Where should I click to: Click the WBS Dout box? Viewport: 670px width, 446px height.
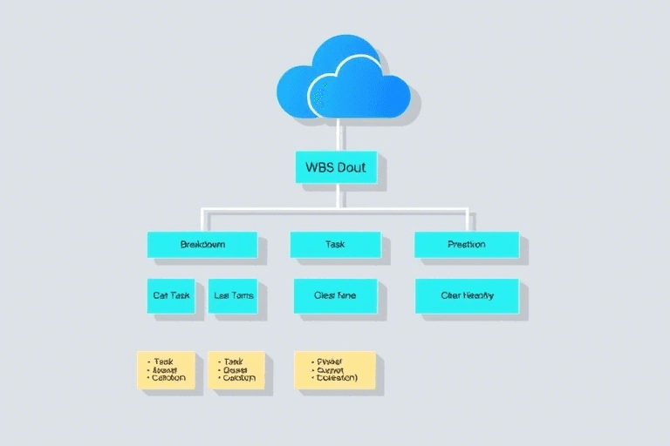336,166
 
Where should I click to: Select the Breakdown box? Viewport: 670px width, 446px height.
202,245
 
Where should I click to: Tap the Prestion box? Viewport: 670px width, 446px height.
467,245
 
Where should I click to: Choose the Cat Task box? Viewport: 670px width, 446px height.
172,295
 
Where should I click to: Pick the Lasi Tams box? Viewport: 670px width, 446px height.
234,295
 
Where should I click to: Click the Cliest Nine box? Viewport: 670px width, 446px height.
335,295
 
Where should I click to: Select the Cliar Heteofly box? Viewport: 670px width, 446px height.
467,295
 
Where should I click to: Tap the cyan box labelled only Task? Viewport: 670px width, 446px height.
335,245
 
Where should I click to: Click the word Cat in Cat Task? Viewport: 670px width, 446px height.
161,295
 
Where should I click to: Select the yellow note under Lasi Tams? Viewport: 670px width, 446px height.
236,370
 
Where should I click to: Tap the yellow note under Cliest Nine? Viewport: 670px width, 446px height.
335,370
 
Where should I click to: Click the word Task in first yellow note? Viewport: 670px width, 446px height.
164,361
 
